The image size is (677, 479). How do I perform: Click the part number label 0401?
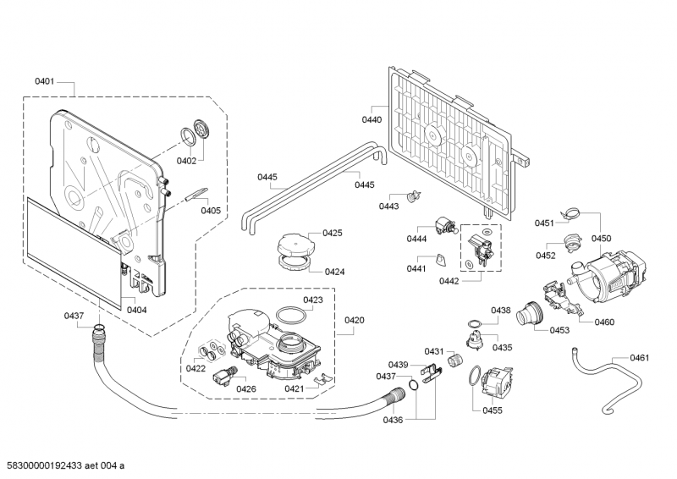[x=45, y=81]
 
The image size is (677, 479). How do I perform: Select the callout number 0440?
[x=372, y=120]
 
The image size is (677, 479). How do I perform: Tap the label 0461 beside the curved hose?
[x=639, y=358]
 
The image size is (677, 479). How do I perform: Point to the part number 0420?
[x=355, y=320]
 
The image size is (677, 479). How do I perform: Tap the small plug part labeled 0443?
[x=415, y=195]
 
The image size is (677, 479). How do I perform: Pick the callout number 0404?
[x=136, y=310]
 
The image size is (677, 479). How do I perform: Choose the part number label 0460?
[x=604, y=322]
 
